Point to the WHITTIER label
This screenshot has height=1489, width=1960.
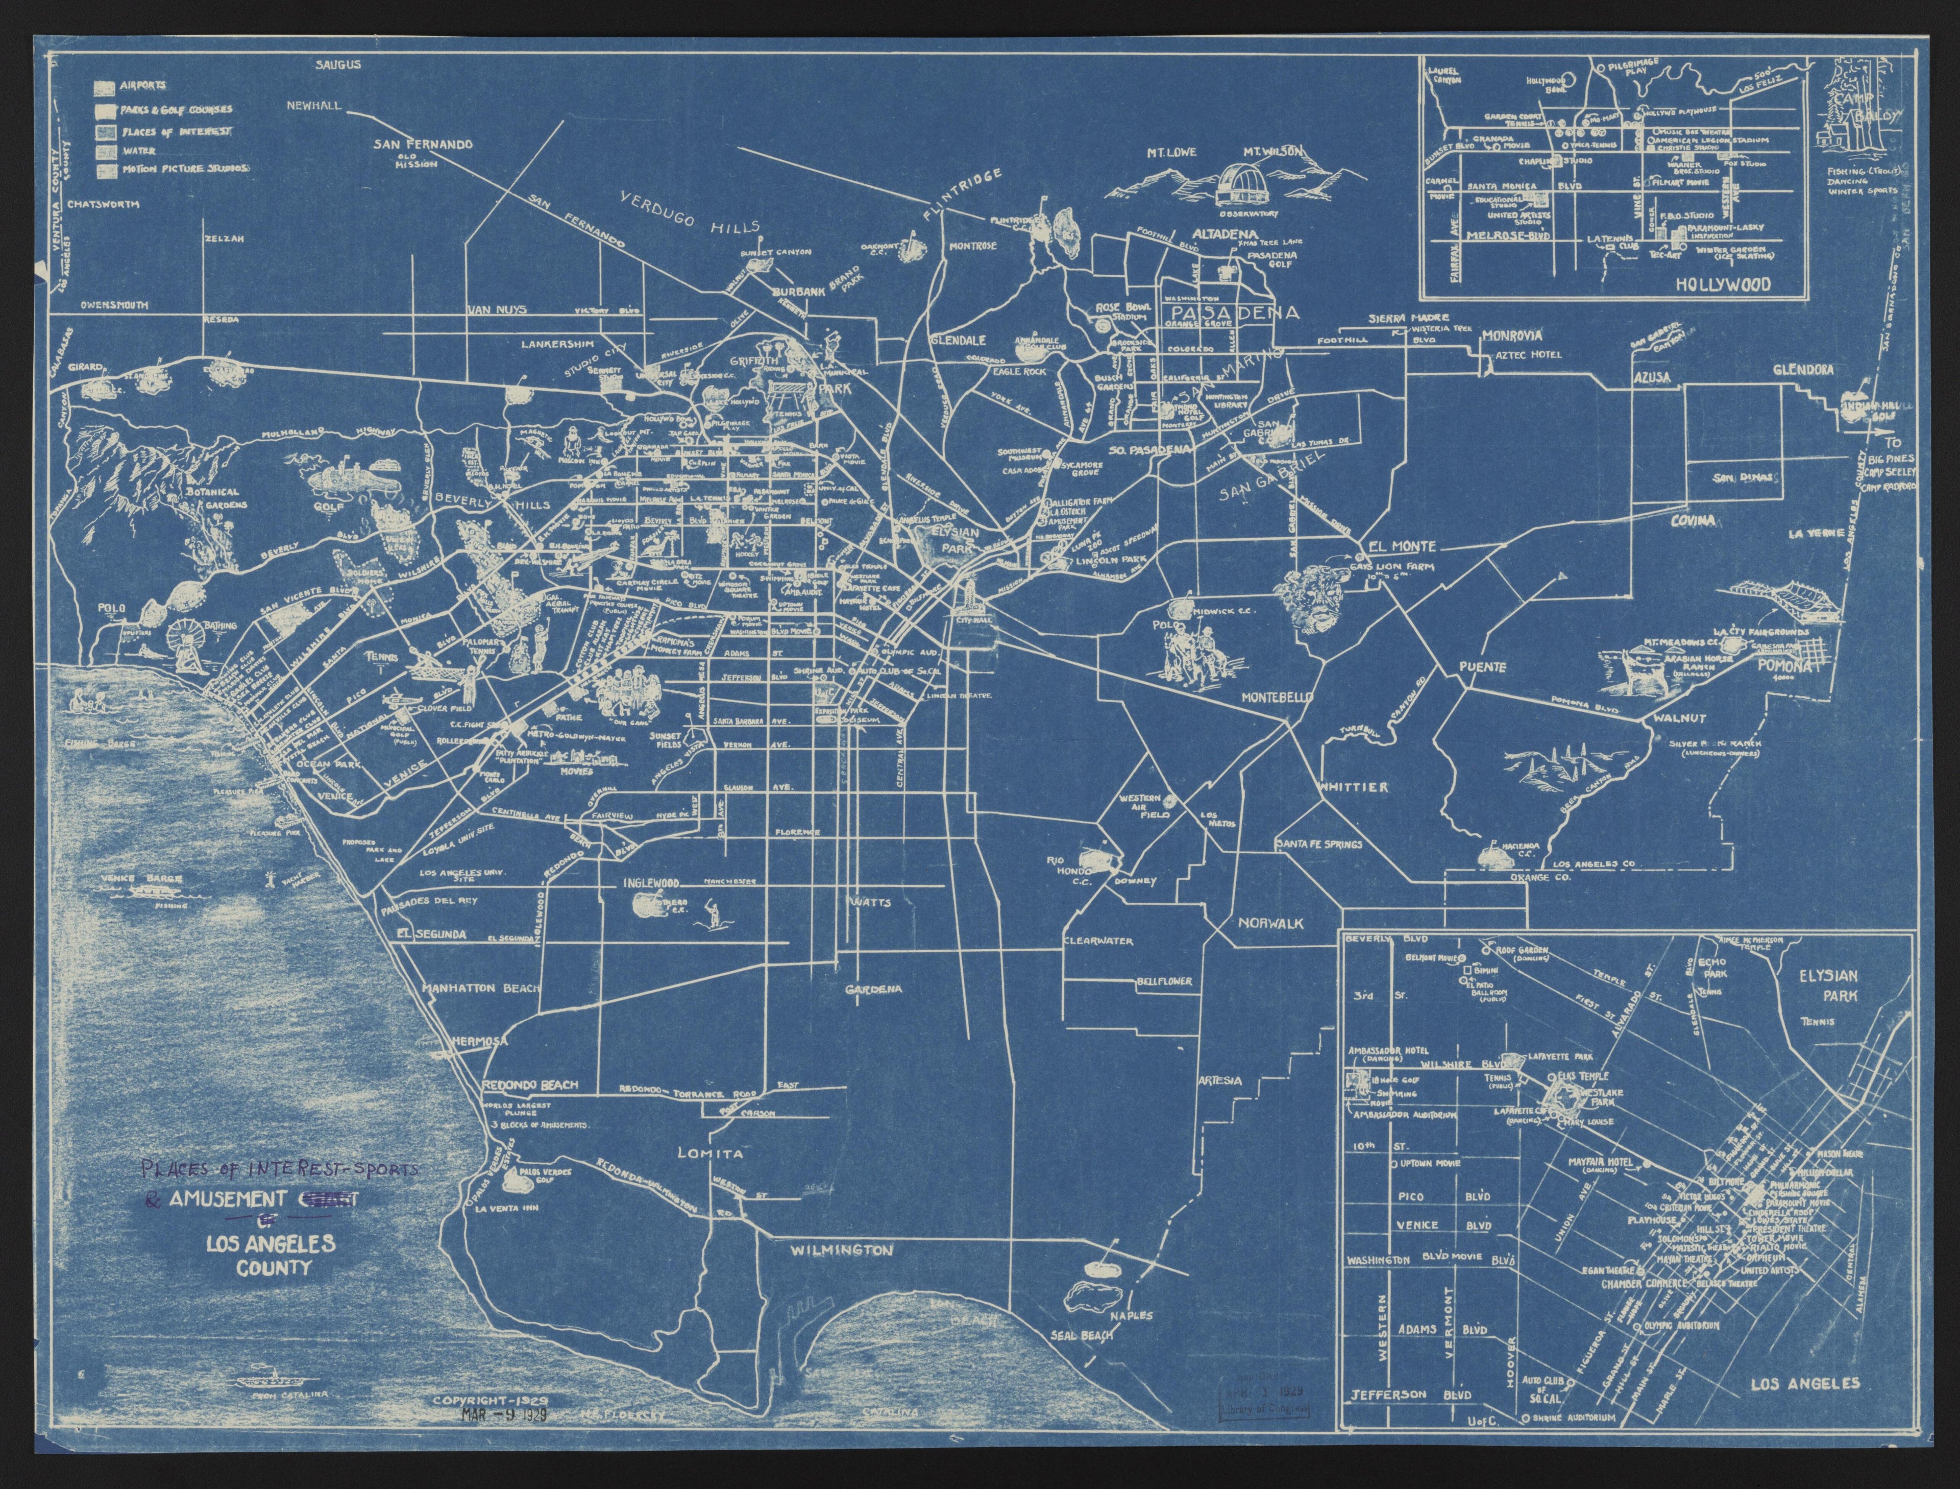click(1353, 787)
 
